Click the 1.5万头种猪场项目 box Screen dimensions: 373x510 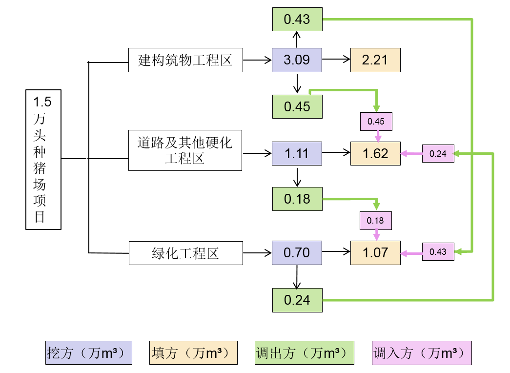coord(43,159)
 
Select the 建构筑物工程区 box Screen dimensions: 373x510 coord(185,60)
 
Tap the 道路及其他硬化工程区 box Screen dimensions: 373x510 coord(185,150)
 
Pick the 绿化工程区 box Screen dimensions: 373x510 coord(185,253)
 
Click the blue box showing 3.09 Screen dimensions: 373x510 coord(297,60)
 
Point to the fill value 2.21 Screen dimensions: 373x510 coord(375,60)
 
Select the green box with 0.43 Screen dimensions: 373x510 coord(297,20)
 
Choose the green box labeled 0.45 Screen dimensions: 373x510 coord(297,106)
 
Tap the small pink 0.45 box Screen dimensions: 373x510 coord(376,121)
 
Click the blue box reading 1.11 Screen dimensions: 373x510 coord(297,154)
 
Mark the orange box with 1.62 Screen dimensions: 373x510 coord(375,154)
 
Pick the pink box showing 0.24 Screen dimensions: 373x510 coord(438,154)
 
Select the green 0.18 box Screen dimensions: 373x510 coord(297,199)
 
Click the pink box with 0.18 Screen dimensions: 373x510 coord(375,220)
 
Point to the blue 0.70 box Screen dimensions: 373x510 coord(297,252)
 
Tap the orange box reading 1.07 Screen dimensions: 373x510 coord(375,252)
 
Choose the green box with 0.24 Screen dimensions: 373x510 coord(297,300)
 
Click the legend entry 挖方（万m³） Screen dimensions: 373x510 coord(88,352)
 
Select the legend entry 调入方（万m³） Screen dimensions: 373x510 coord(422,352)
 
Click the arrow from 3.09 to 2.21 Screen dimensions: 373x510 coord(336,60)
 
